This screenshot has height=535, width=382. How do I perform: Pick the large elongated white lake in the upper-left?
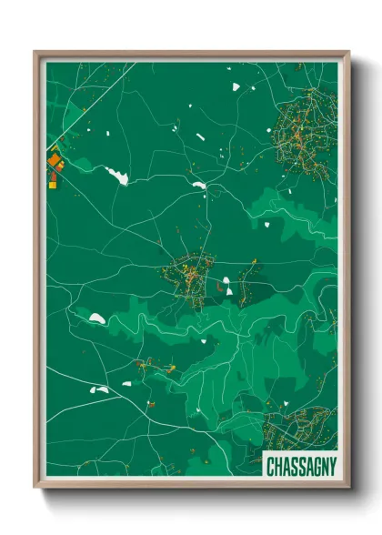(x=116, y=176)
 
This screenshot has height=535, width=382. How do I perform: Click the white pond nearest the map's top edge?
(x=235, y=87)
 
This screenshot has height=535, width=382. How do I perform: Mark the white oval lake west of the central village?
(x=96, y=318)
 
